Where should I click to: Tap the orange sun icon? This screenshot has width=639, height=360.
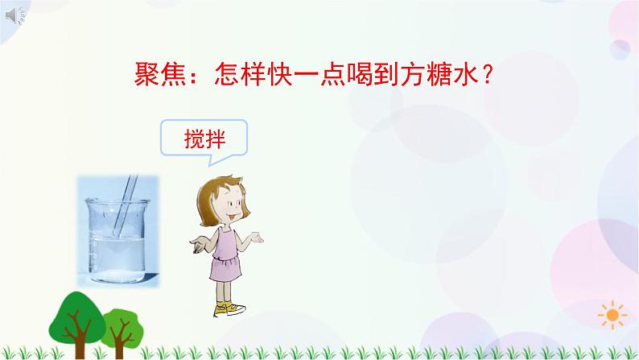(614, 314)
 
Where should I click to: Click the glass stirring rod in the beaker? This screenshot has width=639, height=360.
(122, 210)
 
